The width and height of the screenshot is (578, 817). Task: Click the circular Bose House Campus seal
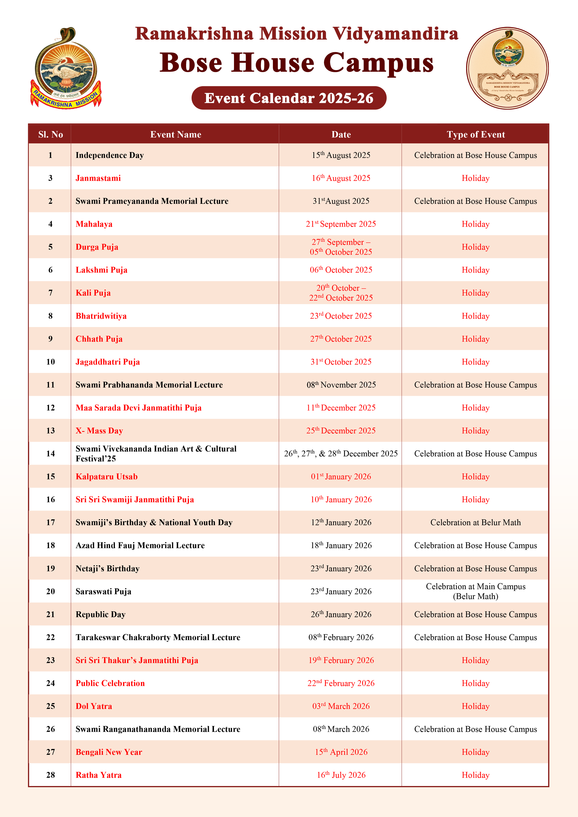(x=507, y=68)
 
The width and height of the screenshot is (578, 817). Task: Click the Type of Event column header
(x=475, y=135)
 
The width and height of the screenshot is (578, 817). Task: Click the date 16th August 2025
(x=341, y=178)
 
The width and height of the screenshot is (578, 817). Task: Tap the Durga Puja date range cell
(x=341, y=247)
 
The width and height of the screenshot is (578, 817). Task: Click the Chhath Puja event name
(x=99, y=339)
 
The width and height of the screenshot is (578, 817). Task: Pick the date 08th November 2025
(x=341, y=385)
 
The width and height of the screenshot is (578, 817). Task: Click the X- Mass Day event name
(x=99, y=431)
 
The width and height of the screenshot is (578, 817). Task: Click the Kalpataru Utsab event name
(x=107, y=477)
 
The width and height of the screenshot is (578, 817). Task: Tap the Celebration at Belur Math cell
(x=475, y=522)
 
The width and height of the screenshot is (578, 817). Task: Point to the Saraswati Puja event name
(x=103, y=591)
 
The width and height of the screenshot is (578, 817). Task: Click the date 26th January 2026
(x=341, y=614)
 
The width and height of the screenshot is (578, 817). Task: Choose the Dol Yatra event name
(x=94, y=706)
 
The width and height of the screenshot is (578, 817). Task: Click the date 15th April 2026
(x=341, y=752)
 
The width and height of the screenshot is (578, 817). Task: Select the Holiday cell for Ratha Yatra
(x=475, y=775)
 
